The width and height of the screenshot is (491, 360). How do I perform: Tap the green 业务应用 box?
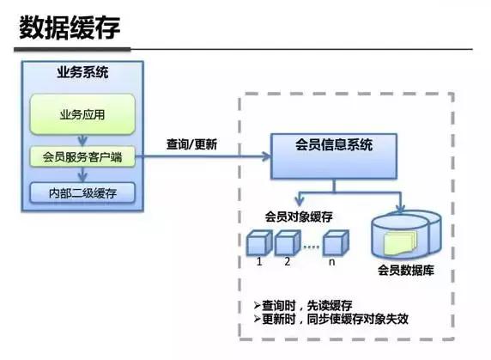pos(83,113)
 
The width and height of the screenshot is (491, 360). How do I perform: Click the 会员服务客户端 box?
pos(83,156)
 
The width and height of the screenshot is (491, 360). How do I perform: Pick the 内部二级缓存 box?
pos(83,192)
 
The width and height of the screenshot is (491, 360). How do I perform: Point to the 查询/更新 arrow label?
pos(191,144)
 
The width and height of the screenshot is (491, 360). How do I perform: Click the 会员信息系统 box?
pos(335,145)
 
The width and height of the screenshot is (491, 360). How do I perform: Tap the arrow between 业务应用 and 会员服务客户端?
pos(83,140)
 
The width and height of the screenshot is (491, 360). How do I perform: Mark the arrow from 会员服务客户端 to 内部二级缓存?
pos(83,174)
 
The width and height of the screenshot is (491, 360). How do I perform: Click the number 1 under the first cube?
pos(258,261)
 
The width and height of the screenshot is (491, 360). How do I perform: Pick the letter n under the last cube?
pos(332,261)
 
